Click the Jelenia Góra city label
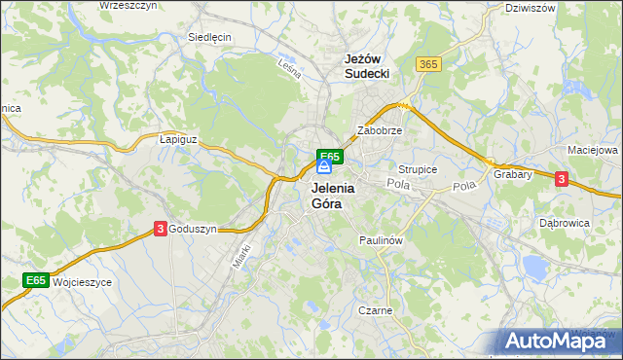point(334,197)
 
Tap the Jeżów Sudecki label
point(367,66)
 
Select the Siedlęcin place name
point(209,38)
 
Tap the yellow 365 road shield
point(427,64)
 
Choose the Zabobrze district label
point(380,129)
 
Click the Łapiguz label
point(178,139)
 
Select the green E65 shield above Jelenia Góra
point(329,156)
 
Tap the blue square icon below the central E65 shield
point(324,167)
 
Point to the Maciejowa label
point(593,151)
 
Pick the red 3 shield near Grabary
point(561,178)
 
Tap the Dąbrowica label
point(565,223)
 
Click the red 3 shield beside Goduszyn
point(160,229)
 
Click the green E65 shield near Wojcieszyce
point(36,281)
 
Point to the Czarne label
point(375,311)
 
